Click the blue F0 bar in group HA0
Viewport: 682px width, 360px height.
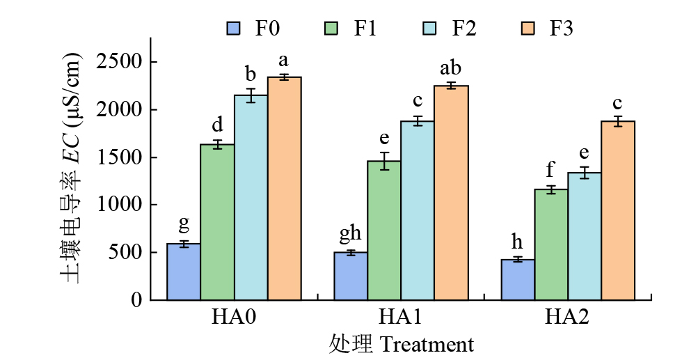184,272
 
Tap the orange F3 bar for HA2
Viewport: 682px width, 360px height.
618,210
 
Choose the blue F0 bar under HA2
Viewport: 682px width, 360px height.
518,279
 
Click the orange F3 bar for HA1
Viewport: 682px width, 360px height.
451,193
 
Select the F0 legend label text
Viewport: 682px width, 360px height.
267,29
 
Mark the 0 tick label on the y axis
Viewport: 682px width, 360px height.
136,300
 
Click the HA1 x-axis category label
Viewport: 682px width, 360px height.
401,318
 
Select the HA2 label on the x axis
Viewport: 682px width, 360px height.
567,318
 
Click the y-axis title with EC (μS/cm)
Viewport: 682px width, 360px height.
73,168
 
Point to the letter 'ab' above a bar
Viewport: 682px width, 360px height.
451,68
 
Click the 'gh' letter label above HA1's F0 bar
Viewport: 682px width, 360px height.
351,234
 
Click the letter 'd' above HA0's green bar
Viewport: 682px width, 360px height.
217,125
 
